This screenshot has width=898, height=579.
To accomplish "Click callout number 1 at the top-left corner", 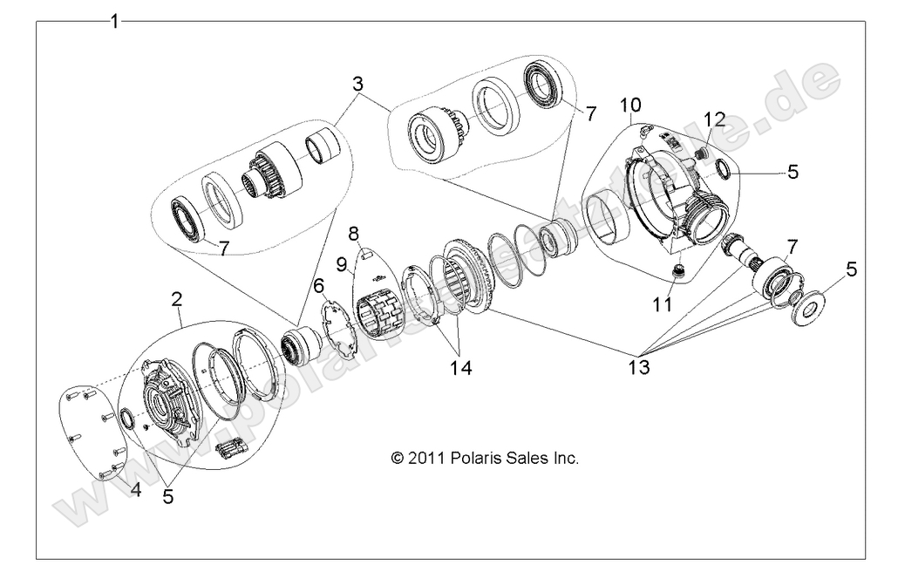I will pyautogui.click(x=114, y=20).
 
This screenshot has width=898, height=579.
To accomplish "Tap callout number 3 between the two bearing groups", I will pyautogui.click(x=357, y=85).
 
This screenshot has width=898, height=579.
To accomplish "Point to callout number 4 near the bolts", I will pyautogui.click(x=135, y=489).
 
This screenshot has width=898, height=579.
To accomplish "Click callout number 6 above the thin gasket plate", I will pyautogui.click(x=318, y=285).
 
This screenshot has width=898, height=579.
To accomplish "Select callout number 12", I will pyautogui.click(x=714, y=119).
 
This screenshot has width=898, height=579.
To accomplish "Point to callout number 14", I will pyautogui.click(x=458, y=367).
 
